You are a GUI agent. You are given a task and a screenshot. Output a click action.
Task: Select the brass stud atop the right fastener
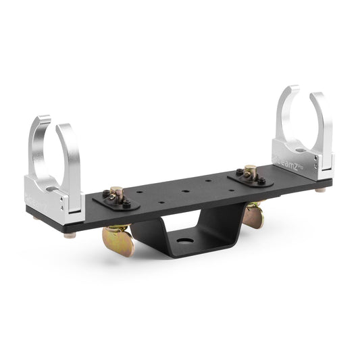(x=251, y=170)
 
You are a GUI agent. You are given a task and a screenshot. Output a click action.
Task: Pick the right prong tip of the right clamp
(x=311, y=92)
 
